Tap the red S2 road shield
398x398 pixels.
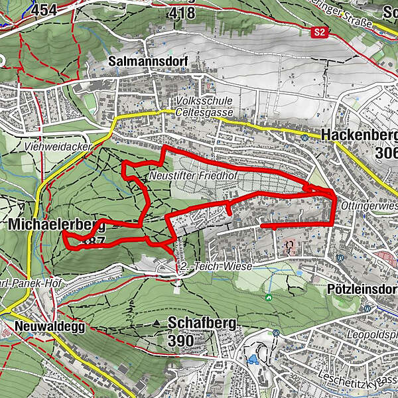[320, 31]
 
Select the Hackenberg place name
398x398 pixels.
[358, 135]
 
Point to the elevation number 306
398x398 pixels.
[385, 153]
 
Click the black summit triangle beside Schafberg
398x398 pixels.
[157, 323]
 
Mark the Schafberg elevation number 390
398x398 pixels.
[180, 341]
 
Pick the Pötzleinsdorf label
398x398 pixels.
[362, 290]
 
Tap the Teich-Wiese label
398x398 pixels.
[210, 267]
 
